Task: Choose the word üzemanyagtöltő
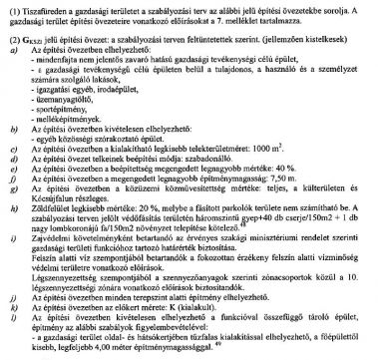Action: click(x=76, y=112)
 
